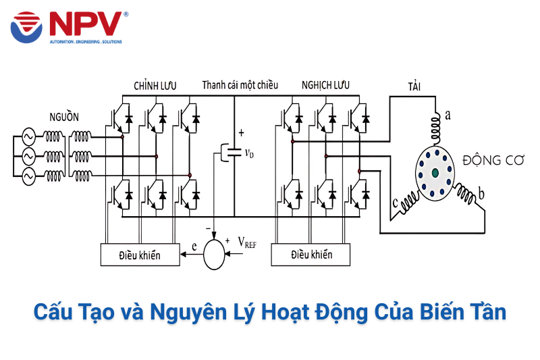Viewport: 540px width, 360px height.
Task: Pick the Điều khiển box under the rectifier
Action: pyautogui.click(x=140, y=255)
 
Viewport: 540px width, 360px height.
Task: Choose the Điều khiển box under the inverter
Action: pyautogui.click(x=311, y=255)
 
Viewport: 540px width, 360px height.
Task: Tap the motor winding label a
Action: pyautogui.click(x=448, y=115)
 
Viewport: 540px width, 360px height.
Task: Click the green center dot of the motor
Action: pyautogui.click(x=435, y=174)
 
